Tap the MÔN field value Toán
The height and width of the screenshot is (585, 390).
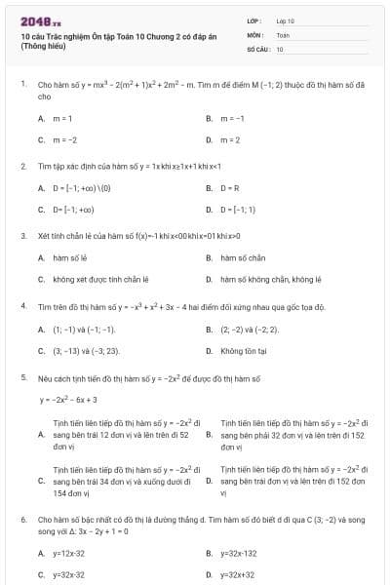pyautogui.click(x=283, y=34)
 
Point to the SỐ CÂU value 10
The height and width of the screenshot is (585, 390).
pyautogui.click(x=280, y=48)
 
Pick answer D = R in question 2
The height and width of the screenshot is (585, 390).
pyautogui.click(x=231, y=187)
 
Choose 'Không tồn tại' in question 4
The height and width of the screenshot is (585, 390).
pyautogui.click(x=244, y=349)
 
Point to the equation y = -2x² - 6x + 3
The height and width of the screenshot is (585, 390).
pyautogui.click(x=68, y=399)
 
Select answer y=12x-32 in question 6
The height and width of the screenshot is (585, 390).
pyautogui.click(x=68, y=553)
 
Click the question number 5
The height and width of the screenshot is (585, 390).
pyautogui.click(x=22, y=375)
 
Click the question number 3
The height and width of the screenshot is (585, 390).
pyautogui.click(x=22, y=235)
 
